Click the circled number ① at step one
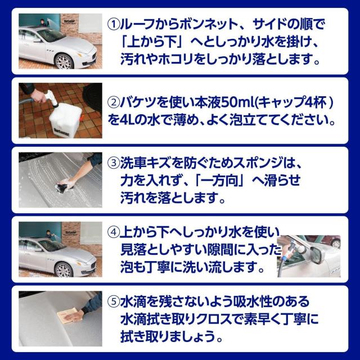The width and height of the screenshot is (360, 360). click(114, 25)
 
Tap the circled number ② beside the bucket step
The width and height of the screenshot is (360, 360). click(114, 103)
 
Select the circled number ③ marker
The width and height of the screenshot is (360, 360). click(114, 163)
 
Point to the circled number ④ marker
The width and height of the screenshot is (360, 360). click(114, 232)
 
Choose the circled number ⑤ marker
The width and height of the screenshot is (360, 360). click(114, 301)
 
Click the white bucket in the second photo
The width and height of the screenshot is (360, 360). click(65, 120)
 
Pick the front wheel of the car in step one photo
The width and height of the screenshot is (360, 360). click(64, 61)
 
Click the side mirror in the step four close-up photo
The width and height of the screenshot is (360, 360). click(318, 254)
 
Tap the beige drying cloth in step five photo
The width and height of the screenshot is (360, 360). click(68, 316)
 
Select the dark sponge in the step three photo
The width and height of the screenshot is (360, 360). click(63, 186)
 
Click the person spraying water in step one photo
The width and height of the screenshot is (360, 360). click(43, 23)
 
